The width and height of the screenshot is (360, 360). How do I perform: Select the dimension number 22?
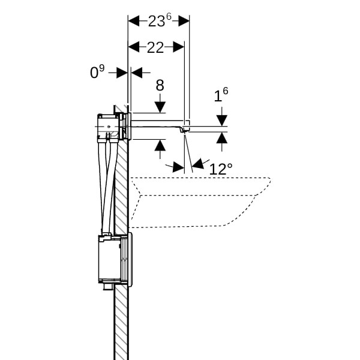coord(155,48)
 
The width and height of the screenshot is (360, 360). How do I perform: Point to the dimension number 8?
coord(160,86)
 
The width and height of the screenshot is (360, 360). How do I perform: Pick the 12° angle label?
coord(220,169)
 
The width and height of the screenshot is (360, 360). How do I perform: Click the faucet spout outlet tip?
coord(185,130)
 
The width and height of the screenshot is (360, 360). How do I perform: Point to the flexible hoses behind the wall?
coord(108,186)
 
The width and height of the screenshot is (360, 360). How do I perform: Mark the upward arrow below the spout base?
coord(160,146)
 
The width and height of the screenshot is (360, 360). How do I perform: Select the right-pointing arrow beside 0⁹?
coord(122,73)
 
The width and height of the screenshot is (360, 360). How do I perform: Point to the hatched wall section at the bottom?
coord(121,324)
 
